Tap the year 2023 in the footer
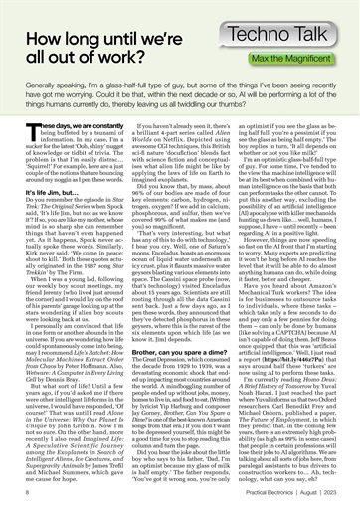point(342,491)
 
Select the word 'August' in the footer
point(315,491)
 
